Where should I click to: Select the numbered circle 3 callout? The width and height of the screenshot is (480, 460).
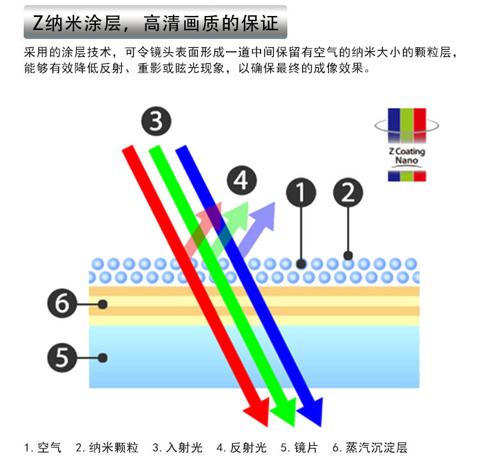tap(156, 121)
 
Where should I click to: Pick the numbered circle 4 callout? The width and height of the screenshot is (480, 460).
tap(241, 181)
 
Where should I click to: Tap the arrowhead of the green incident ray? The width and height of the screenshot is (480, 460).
tap(286, 415)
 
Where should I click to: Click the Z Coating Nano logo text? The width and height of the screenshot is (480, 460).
tap(406, 156)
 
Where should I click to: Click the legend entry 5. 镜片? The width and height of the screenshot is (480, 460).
tap(299, 447)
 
